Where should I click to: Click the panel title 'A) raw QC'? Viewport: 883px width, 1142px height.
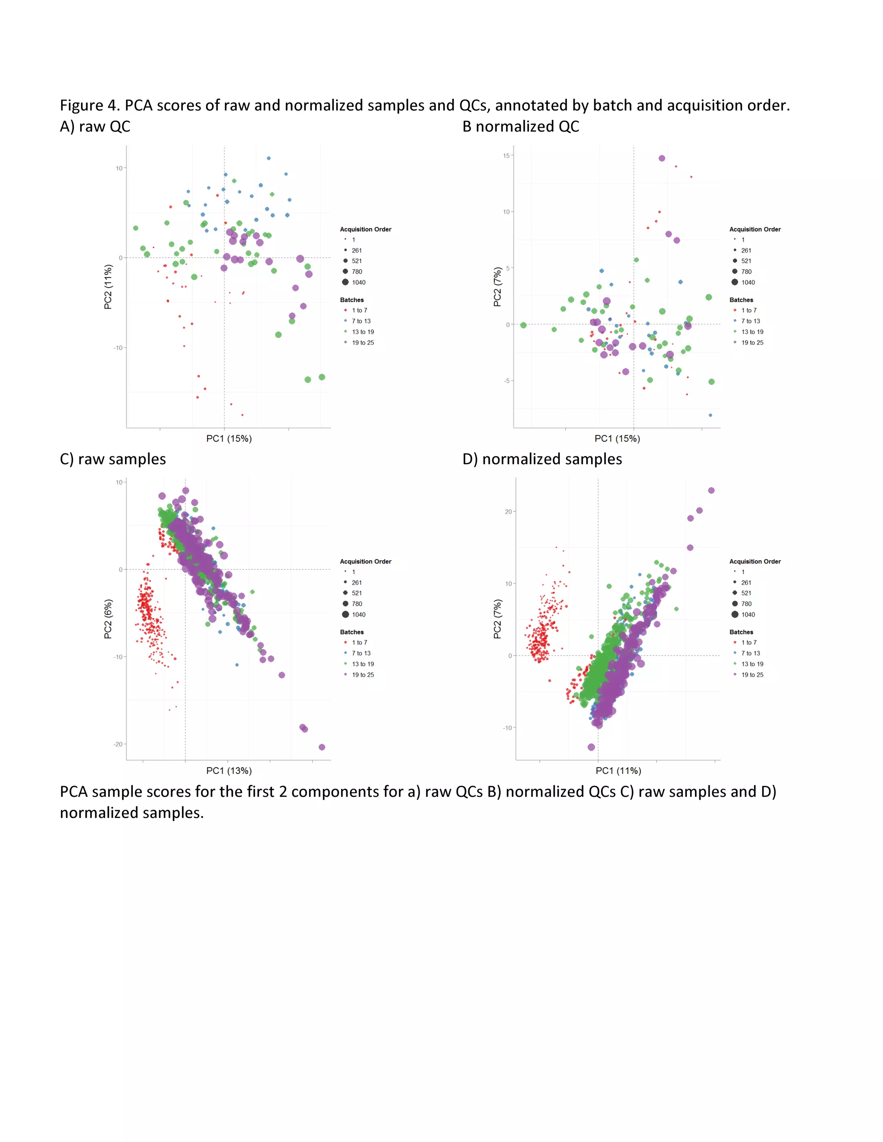[95, 127]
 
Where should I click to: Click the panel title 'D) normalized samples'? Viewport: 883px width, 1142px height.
[542, 459]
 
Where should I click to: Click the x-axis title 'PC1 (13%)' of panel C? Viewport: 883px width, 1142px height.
[229, 771]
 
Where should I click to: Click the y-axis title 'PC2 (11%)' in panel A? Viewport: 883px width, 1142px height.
[108, 287]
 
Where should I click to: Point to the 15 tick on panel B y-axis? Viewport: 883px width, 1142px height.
[506, 156]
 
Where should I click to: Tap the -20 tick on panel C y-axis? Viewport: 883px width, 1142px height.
[118, 744]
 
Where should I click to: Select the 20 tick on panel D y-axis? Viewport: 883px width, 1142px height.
[508, 512]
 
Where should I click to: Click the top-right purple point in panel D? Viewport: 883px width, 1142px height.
[711, 490]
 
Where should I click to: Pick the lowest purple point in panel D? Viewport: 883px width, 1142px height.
[591, 747]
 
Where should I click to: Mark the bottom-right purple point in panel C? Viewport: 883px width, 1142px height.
[322, 747]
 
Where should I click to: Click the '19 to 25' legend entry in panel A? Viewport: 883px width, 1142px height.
[363, 343]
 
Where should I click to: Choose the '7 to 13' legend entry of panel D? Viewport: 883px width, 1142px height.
[750, 653]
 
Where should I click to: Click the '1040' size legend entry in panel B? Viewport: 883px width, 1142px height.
[748, 282]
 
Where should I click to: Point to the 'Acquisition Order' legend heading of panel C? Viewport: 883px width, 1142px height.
[365, 562]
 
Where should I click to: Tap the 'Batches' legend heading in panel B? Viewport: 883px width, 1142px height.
[741, 300]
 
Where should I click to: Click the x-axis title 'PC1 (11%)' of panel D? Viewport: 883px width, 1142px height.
[618, 771]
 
